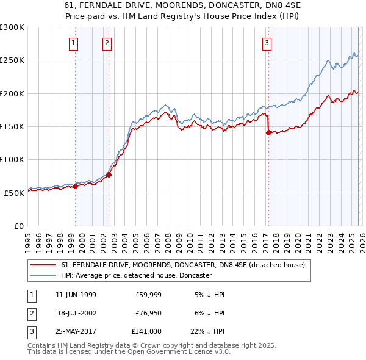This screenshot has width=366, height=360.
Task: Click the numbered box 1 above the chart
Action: tap(73, 43)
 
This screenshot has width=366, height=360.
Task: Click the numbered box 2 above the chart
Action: tap(107, 43)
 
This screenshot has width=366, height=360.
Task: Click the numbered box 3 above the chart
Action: tap(267, 43)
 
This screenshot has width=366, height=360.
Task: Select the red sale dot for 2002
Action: tap(109, 175)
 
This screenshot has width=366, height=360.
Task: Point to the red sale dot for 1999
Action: tap(76, 186)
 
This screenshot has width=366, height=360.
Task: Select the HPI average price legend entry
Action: tap(136, 275)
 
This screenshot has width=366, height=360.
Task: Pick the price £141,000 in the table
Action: tap(147, 331)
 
